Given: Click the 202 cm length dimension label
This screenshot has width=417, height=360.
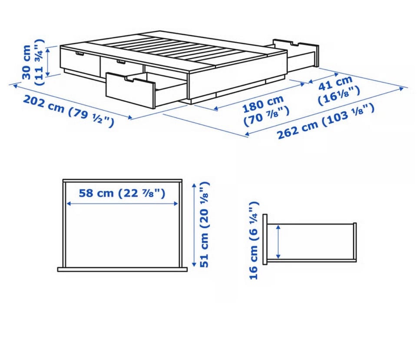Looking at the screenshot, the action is click(x=69, y=111).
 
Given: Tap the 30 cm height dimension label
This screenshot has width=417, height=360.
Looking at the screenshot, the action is click(x=33, y=62).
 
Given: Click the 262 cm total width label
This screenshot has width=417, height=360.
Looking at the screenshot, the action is click(x=326, y=121).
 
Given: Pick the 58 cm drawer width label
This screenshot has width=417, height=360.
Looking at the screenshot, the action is click(x=122, y=193).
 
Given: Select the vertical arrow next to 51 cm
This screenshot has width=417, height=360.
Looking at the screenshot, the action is click(x=194, y=225).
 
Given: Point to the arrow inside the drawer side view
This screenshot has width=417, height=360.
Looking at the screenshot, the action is click(x=278, y=241).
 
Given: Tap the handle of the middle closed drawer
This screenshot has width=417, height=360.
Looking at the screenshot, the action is click(x=121, y=62).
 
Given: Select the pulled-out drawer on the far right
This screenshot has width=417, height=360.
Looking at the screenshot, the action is click(x=296, y=55).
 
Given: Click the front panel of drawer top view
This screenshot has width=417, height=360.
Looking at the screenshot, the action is click(x=122, y=270).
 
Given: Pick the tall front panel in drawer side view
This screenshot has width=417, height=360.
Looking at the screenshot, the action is click(x=265, y=240).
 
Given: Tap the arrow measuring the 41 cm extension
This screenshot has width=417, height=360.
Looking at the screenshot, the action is click(x=323, y=77).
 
